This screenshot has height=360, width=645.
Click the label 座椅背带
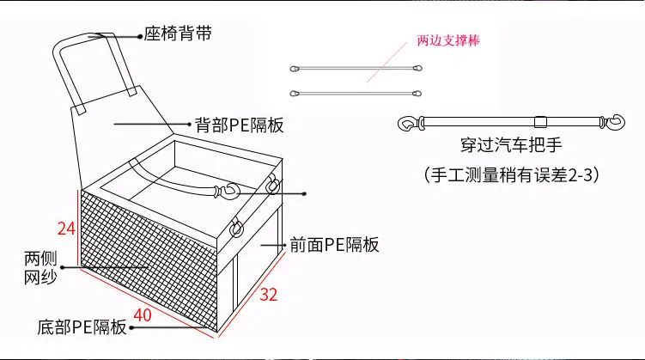click(x=178, y=34)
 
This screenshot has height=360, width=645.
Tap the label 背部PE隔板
click(x=240, y=125)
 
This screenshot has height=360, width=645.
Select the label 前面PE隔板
click(x=334, y=244)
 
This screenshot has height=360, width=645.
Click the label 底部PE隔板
click(x=82, y=327)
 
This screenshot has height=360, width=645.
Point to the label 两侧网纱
click(x=40, y=268)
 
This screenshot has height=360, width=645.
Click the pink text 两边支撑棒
click(x=448, y=40)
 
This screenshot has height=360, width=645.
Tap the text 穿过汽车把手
click(x=511, y=145)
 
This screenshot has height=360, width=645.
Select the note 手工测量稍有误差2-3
click(x=511, y=175)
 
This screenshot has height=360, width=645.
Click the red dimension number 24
click(x=67, y=229)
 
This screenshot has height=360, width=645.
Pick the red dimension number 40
click(x=143, y=315)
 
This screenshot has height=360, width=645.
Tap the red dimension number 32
click(x=269, y=295)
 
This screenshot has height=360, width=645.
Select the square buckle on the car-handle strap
click(x=540, y=122)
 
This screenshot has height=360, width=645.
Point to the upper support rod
click(x=356, y=68)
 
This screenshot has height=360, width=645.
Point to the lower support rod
click(x=356, y=94)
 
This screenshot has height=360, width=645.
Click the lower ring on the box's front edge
click(x=236, y=228)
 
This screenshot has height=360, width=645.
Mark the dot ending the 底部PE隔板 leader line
click(x=131, y=328)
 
